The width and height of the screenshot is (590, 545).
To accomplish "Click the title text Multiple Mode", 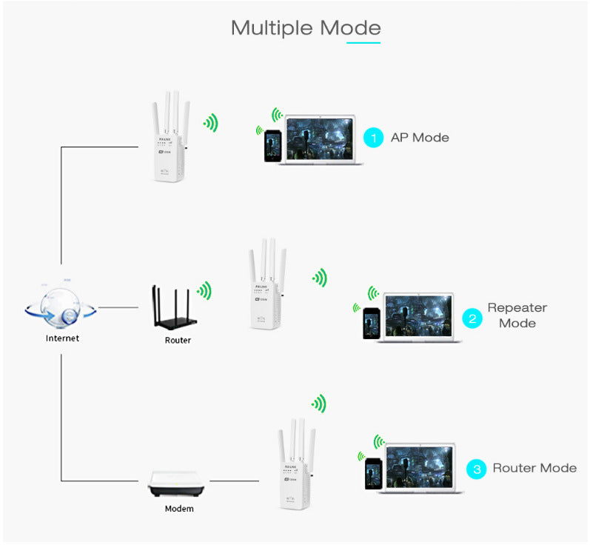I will point(306,27).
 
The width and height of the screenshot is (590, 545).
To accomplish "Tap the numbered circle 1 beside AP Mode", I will point(374,137).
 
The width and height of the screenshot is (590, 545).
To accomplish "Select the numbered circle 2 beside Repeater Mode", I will point(472,318).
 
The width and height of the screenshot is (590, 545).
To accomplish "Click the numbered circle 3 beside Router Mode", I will point(476,469).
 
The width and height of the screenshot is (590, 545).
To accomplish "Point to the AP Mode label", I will point(419,137).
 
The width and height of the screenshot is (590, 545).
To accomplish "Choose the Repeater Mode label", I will point(517,315).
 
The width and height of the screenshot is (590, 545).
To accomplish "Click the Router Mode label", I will point(534,468).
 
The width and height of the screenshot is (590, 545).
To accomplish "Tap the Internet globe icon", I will point(61,304).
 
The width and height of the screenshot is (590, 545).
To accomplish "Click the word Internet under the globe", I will point(62,338).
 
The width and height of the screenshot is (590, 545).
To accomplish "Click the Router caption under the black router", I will point(178,340).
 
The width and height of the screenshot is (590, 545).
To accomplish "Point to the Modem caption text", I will point(179,509).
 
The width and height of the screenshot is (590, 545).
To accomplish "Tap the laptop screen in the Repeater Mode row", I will point(418,315).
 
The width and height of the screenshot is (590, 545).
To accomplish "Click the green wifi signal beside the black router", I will point(204,290).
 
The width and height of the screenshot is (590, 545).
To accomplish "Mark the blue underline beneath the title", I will point(363,42).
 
